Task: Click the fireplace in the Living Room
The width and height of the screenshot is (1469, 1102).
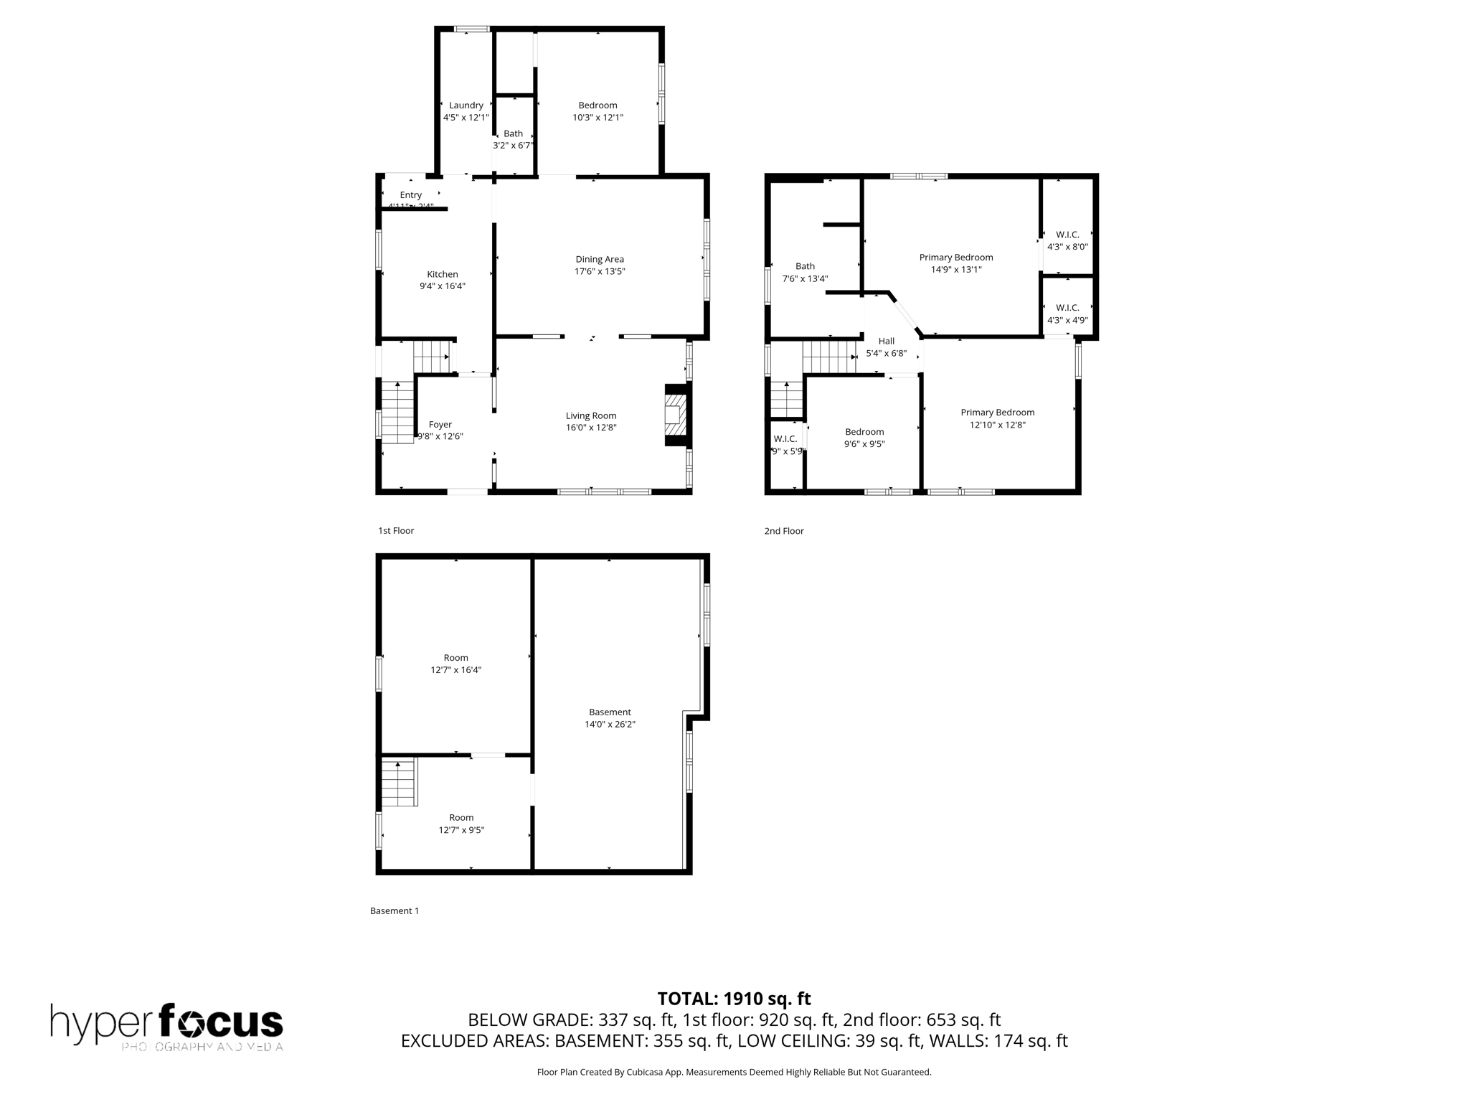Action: [675, 415]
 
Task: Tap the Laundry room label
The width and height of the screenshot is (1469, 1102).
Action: [466, 105]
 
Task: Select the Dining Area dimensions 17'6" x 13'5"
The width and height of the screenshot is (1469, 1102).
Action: [600, 271]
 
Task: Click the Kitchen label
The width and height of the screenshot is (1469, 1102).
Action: [443, 274]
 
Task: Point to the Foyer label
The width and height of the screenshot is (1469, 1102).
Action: [440, 425]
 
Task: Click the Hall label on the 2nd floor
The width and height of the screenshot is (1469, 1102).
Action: [887, 342]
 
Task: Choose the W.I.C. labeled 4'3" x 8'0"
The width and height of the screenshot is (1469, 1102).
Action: [1067, 240]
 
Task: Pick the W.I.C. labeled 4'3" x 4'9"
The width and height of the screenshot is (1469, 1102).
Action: [1067, 314]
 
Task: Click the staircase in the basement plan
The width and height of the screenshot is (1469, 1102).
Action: [398, 783]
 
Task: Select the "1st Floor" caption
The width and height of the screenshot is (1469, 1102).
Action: [396, 531]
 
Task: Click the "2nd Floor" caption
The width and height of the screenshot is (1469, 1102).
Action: [784, 531]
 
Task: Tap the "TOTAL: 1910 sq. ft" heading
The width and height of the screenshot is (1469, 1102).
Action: [734, 999]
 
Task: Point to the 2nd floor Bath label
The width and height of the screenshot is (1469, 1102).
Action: [805, 266]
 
